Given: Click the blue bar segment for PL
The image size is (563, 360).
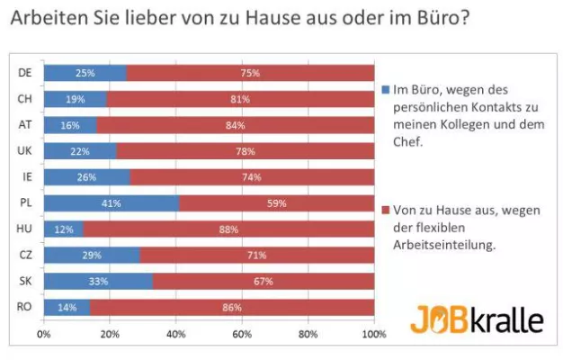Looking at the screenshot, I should pyautogui.click(x=112, y=203).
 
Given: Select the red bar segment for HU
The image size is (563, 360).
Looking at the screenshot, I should pyautogui.click(x=228, y=229).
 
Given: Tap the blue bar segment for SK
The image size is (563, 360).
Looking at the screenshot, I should pyautogui.click(x=98, y=282).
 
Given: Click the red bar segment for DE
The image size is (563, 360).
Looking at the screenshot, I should pyautogui.click(x=250, y=73).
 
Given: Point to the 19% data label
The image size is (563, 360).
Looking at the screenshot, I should pyautogui.click(x=76, y=99).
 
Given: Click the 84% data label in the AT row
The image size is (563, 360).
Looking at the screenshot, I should pyautogui.click(x=236, y=125).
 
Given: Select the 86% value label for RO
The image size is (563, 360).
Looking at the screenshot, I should pyautogui.click(x=232, y=308).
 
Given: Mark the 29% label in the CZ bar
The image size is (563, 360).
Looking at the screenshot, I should pyautogui.click(x=92, y=256).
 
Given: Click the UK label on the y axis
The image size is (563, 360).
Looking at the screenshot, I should pyautogui.click(x=25, y=151).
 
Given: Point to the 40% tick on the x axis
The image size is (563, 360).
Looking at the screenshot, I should pyautogui.click(x=175, y=333).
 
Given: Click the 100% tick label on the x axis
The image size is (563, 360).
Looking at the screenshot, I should pyautogui.click(x=372, y=333).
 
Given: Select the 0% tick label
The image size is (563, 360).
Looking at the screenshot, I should pyautogui.click(x=43, y=333).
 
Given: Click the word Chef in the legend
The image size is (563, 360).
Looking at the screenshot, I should pyautogui.click(x=410, y=142).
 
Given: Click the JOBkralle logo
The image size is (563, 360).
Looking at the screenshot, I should pyautogui.click(x=477, y=319).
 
